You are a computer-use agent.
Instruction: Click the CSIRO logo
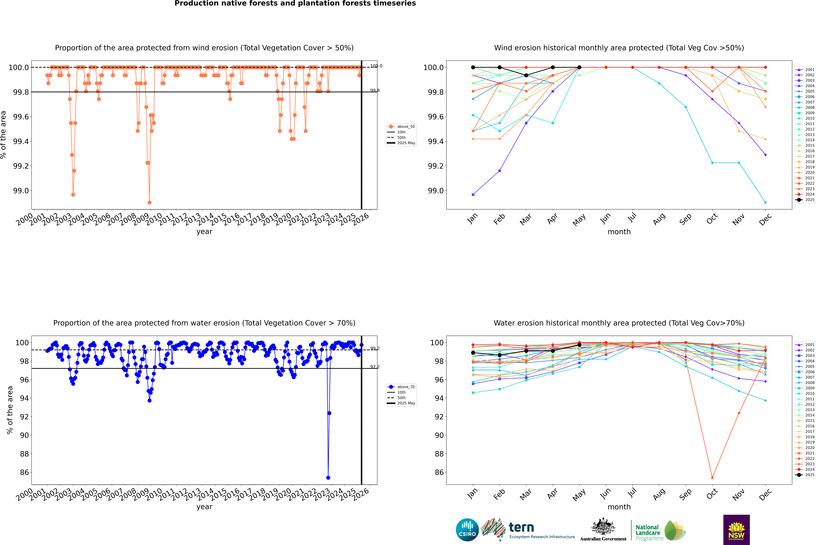[467, 530]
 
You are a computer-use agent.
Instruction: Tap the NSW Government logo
[736, 530]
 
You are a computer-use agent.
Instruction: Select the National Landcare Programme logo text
[648, 532]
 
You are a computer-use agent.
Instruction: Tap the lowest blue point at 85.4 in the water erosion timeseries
[328, 478]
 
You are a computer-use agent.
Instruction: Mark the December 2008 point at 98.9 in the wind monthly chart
[765, 202]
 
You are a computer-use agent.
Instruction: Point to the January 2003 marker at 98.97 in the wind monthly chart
[473, 195]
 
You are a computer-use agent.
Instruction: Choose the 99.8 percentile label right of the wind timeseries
[375, 90]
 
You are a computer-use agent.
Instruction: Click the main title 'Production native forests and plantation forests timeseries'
[295, 3]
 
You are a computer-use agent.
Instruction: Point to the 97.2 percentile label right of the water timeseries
[375, 367]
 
